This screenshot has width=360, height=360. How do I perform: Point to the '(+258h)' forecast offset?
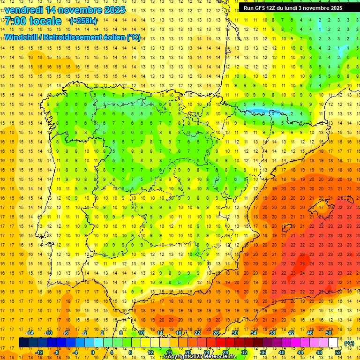83,21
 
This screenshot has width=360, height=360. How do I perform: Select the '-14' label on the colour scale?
30,332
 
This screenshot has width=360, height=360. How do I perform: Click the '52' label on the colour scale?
338,352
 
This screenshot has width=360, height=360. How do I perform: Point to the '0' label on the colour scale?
92,352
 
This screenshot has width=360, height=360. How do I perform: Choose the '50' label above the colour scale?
329,332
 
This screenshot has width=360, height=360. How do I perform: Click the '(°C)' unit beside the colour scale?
349,343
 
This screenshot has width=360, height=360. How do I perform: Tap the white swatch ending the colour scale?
333,343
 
